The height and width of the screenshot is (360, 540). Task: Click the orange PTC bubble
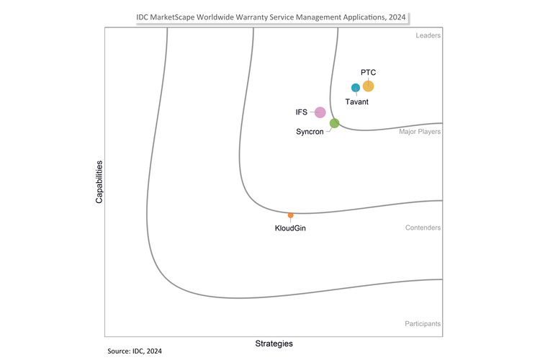(x=368, y=86)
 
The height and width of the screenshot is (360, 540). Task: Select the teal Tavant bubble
(x=355, y=88)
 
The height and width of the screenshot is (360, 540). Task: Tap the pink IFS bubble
(x=320, y=112)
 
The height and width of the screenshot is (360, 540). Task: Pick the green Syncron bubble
(x=334, y=123)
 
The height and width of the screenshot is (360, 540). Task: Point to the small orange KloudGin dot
(x=290, y=215)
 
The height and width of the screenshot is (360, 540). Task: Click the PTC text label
(x=368, y=73)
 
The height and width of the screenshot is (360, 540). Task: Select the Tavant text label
(x=357, y=102)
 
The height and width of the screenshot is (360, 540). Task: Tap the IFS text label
(x=302, y=112)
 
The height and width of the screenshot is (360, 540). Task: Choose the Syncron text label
(x=310, y=132)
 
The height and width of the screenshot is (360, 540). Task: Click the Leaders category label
(x=428, y=35)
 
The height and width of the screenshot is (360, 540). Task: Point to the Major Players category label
(x=420, y=132)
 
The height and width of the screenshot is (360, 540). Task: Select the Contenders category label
(x=423, y=228)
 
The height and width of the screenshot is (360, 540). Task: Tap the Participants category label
(x=423, y=324)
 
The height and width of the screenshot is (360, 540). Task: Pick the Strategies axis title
(x=274, y=343)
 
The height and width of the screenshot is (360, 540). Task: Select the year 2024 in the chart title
(x=399, y=16)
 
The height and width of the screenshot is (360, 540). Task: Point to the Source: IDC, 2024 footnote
(x=140, y=351)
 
